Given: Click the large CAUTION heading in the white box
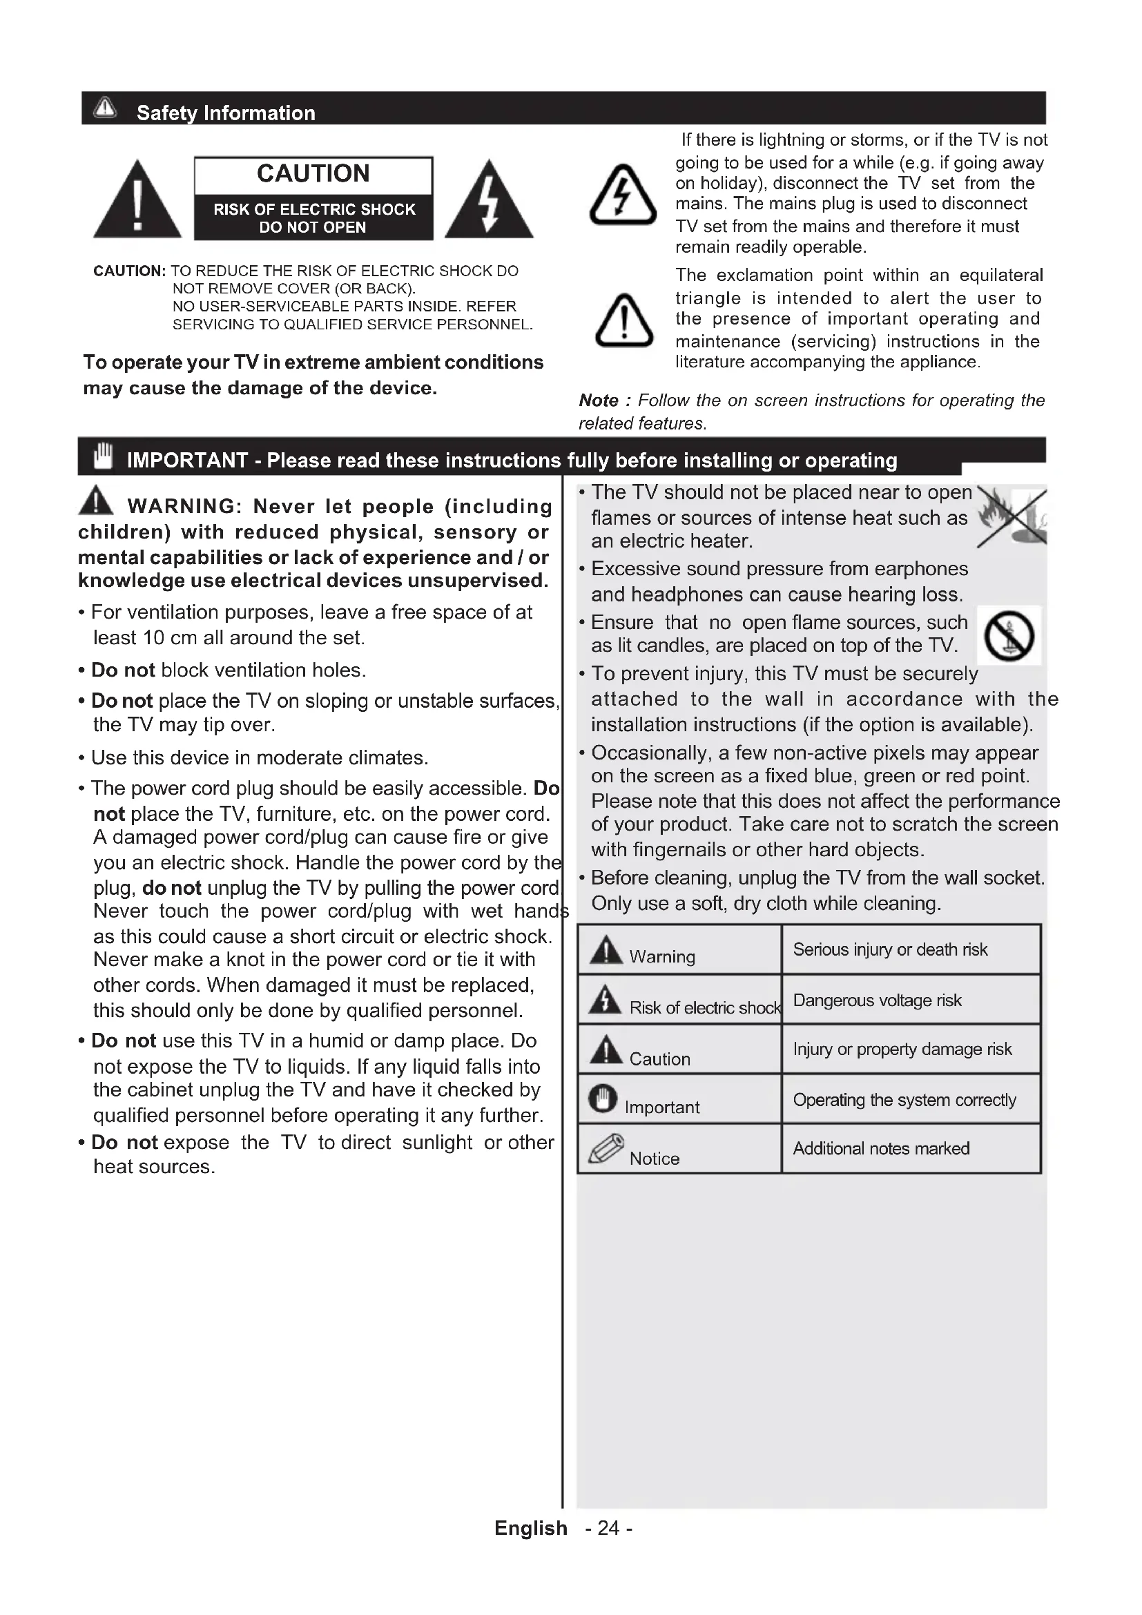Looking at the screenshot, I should [313, 174].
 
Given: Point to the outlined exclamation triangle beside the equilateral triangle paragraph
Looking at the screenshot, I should [623, 322].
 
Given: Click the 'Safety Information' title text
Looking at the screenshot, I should [226, 113].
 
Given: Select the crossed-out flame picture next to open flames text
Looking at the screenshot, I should [1012, 517].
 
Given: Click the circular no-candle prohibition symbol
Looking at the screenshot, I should [1009, 636].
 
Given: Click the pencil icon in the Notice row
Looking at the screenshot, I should [606, 1149].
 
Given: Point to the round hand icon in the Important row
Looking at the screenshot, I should [603, 1098].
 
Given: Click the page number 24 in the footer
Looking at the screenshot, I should [608, 1529].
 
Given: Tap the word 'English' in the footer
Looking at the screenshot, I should [530, 1529].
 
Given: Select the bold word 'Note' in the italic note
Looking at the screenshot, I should [599, 400].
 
